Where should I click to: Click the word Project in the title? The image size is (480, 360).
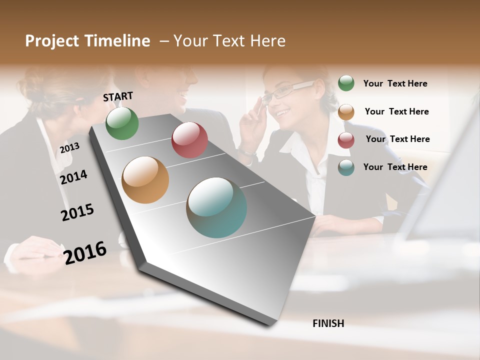pos(52,41)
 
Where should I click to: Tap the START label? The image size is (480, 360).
pos(118,96)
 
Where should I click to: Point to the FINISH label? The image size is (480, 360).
pos(328,323)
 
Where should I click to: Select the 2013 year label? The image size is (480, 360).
pos(69,148)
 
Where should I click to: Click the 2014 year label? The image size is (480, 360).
pos(73,177)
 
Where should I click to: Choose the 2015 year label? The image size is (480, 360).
pos(77,212)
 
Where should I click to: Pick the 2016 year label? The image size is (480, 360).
pos(85,253)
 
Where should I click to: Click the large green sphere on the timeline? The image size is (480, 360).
pos(122,123)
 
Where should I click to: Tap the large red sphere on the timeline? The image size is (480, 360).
pos(189,140)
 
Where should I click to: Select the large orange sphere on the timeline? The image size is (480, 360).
pos(145,180)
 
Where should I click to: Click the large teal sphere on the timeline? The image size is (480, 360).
pos(216,207)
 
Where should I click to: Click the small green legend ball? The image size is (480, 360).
pos(346,83)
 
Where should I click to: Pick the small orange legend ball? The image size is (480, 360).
pos(346,111)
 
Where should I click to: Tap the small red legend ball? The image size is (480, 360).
pos(346,139)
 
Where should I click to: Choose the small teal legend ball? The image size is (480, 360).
pos(346,167)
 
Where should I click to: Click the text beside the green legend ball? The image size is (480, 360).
pos(395,83)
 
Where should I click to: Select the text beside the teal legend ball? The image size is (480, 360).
pos(395,167)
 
